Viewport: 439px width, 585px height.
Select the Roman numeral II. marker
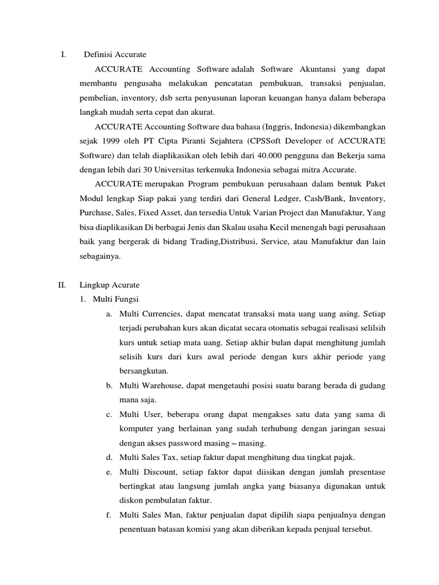(63, 285)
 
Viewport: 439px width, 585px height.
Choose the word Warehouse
(161, 386)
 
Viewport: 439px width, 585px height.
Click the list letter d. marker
(109, 458)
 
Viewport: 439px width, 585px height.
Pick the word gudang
(372, 386)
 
